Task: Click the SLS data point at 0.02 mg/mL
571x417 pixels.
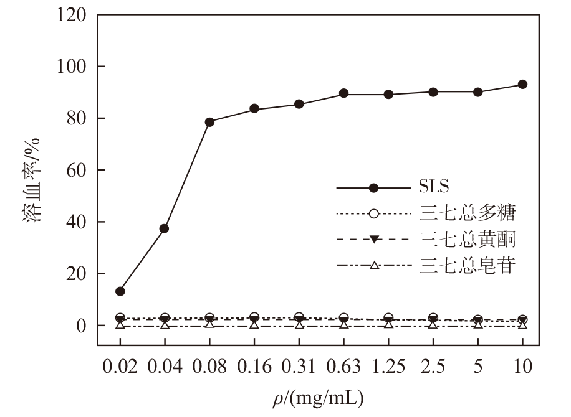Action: [x=120, y=291]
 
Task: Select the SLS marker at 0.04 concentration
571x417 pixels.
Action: [x=164, y=228]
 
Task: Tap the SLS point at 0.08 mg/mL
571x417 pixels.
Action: [x=209, y=122]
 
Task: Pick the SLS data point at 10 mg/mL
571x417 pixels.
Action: [x=522, y=85]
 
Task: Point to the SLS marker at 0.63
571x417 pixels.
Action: [x=343, y=93]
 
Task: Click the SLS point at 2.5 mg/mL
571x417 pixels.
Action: [x=433, y=92]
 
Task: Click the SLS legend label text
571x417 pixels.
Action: [x=434, y=187]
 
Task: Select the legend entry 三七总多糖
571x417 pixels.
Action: [x=468, y=213]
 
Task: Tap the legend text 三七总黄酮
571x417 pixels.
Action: [x=468, y=240]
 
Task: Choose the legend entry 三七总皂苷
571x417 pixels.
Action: [x=468, y=265]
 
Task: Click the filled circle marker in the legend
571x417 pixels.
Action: [x=373, y=188]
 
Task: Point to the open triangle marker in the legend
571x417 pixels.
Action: [x=374, y=265]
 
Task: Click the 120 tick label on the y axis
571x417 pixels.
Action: [x=72, y=15]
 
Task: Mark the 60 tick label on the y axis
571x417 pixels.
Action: [x=77, y=170]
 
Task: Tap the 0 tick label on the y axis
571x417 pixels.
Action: [x=81, y=326]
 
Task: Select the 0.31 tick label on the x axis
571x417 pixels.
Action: [x=299, y=366]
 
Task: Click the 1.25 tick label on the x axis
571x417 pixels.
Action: [x=388, y=366]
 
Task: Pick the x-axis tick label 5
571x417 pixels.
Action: [x=477, y=366]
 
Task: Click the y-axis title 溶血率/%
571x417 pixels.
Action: [x=32, y=180]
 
